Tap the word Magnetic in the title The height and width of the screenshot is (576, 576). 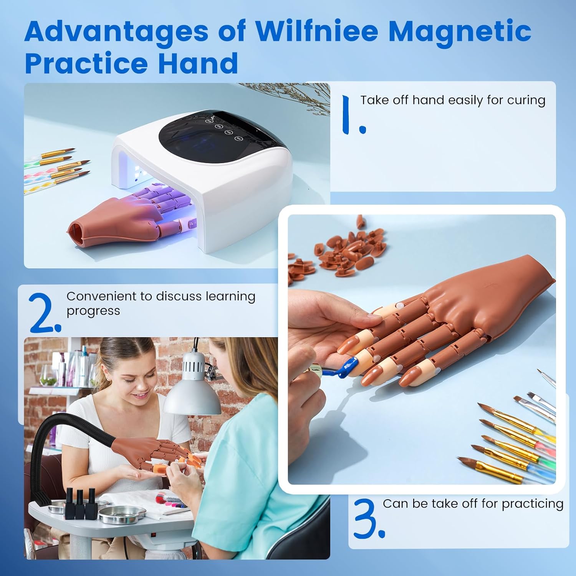click(460, 31)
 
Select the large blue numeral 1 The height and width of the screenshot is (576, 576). click(353, 115)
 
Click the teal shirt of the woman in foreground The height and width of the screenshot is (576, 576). click(250, 480)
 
